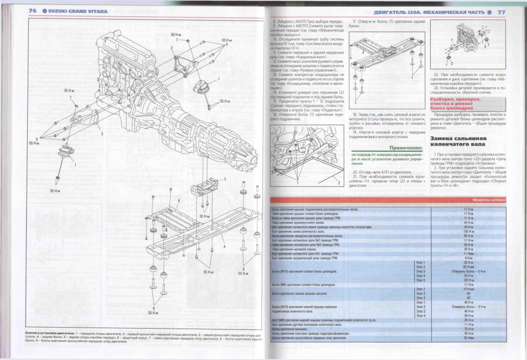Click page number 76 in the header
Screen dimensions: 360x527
31,10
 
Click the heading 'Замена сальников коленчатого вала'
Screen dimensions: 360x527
459,142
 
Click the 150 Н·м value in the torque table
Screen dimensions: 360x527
468,231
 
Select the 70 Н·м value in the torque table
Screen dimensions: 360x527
468,328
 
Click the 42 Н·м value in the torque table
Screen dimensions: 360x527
468,222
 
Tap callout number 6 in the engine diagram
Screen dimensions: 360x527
179,200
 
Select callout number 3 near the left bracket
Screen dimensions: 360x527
102,133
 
